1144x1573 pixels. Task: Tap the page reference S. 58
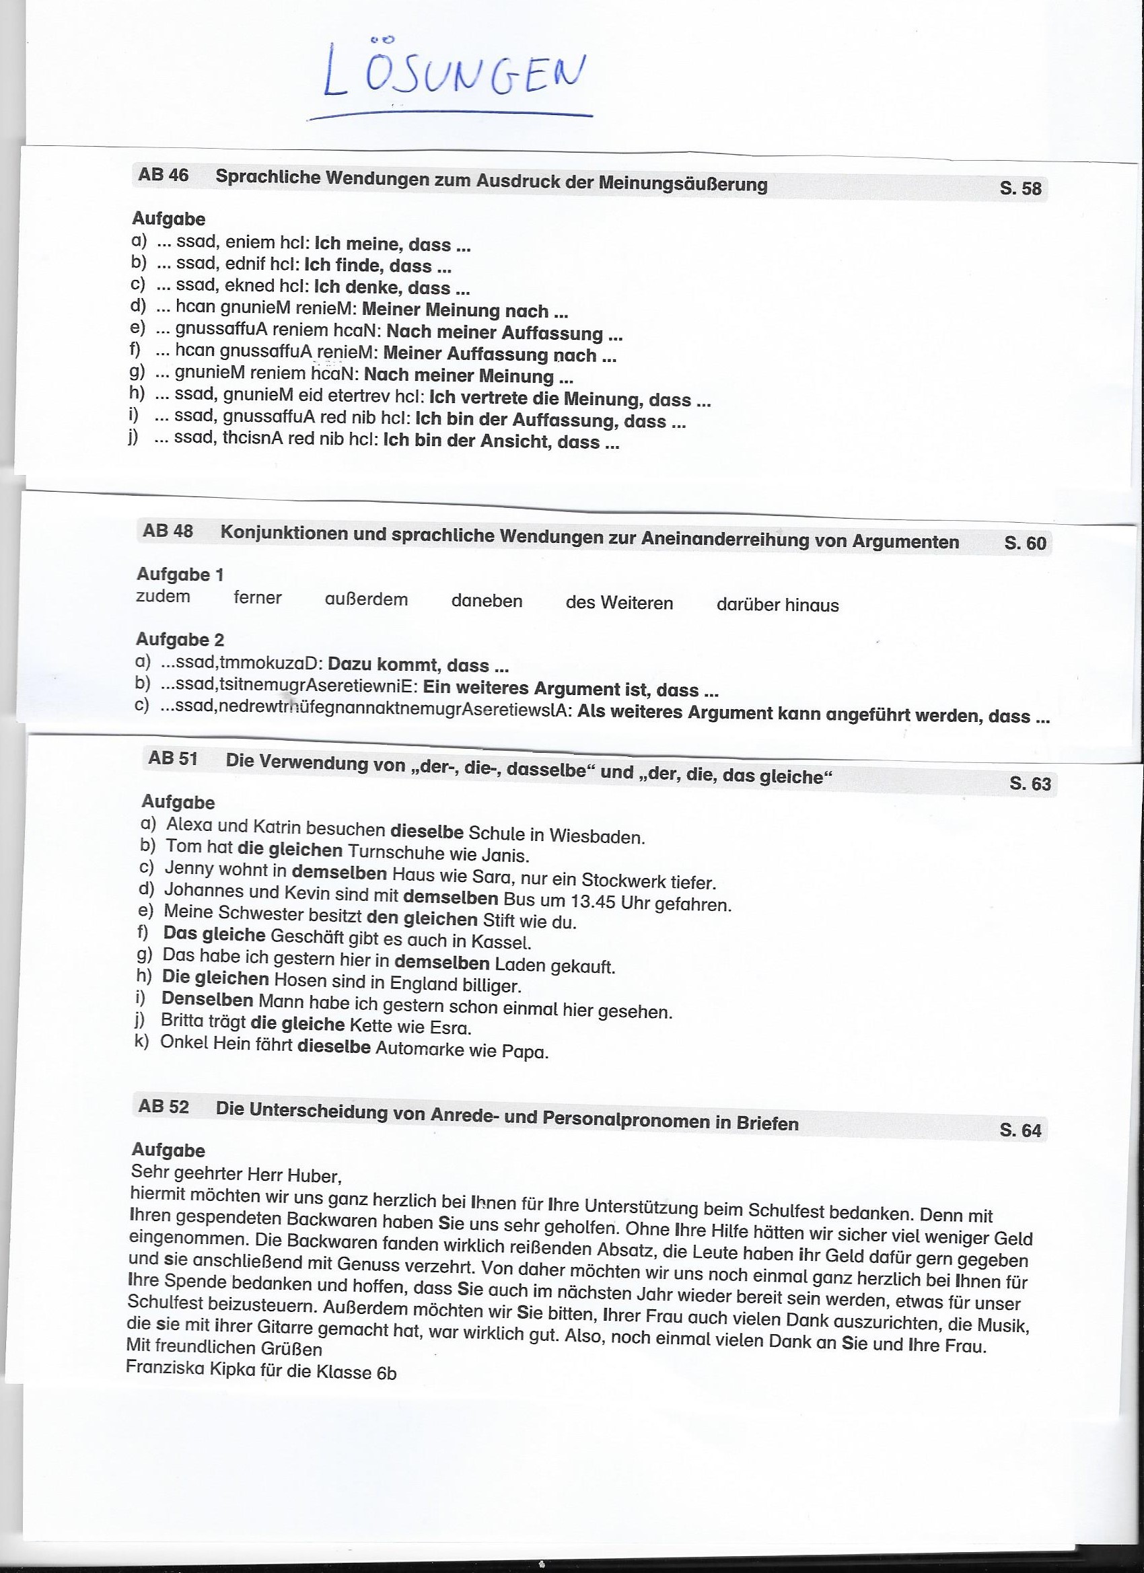click(1020, 188)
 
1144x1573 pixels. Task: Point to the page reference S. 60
click(1025, 543)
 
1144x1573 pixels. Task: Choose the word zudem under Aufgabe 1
click(163, 597)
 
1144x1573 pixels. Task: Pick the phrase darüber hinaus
click(777, 605)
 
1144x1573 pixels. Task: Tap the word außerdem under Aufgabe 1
click(366, 599)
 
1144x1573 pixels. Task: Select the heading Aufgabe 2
click(180, 638)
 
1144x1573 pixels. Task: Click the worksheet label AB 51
click(173, 758)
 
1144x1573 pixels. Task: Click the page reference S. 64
click(1020, 1130)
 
